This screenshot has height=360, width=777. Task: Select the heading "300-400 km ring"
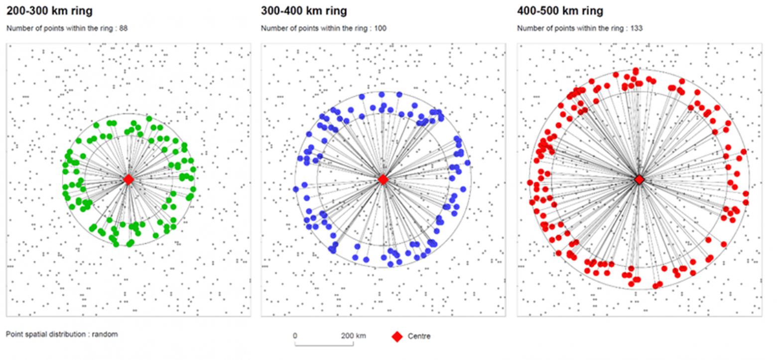(304, 10)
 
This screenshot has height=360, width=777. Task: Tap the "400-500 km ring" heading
(560, 10)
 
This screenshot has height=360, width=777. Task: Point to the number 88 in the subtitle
(124, 29)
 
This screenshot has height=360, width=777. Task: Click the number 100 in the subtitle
(381, 29)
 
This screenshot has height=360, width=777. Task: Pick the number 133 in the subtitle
(637, 29)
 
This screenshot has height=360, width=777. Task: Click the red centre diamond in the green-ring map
(129, 179)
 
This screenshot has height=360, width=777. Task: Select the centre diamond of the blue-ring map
(383, 179)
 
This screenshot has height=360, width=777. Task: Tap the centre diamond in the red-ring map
(640, 179)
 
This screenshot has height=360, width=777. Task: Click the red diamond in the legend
(397, 336)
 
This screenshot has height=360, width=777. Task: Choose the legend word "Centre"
(419, 336)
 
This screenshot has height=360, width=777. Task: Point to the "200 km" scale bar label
(353, 336)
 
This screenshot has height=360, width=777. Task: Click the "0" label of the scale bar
(295, 336)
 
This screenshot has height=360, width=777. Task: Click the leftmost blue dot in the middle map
(296, 189)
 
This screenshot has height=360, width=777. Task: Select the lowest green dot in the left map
(116, 244)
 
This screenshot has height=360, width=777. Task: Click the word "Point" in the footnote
(14, 334)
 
